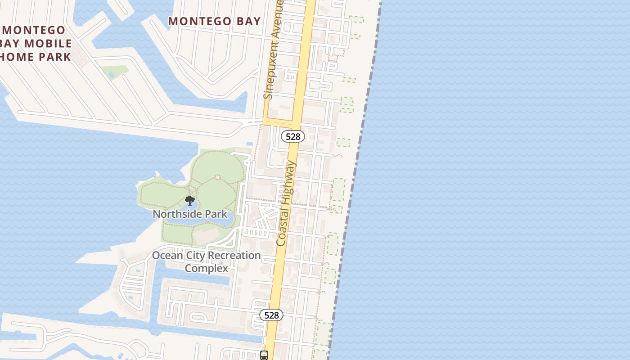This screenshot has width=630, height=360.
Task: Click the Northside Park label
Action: coord(190,214)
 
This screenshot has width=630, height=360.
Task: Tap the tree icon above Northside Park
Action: coord(190,201)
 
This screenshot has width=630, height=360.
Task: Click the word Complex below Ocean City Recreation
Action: coord(207,268)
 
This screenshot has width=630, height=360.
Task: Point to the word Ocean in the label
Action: coord(167,256)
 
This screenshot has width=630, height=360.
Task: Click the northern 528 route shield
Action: coord(293,136)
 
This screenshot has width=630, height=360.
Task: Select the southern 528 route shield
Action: coord(271,315)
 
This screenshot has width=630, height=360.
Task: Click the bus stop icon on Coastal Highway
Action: coord(264,355)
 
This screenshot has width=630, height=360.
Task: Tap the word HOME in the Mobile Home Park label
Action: coord(17,57)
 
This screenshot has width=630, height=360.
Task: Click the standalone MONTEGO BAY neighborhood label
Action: coord(214,21)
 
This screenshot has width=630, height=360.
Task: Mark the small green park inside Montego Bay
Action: coord(114,71)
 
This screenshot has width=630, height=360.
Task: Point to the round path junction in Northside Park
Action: coord(217,177)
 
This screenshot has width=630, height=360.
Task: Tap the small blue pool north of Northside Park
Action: coord(249,144)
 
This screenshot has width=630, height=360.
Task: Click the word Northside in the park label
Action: coord(174,214)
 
